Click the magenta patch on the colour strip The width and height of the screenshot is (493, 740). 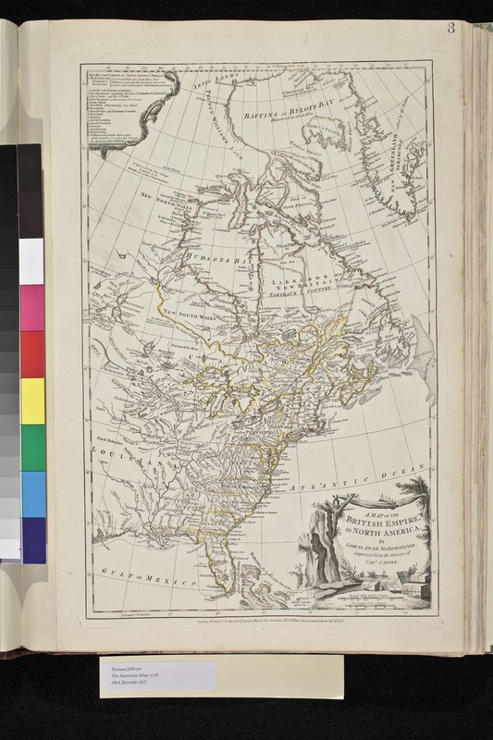(31, 307)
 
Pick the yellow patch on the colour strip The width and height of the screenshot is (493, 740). (31, 401)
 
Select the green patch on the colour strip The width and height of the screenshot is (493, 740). (31, 447)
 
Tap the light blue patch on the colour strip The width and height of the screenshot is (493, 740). (31, 494)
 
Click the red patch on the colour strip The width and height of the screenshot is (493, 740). (31, 354)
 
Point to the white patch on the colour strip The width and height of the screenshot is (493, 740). (31, 261)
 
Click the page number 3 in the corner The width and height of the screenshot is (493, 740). (450, 27)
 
